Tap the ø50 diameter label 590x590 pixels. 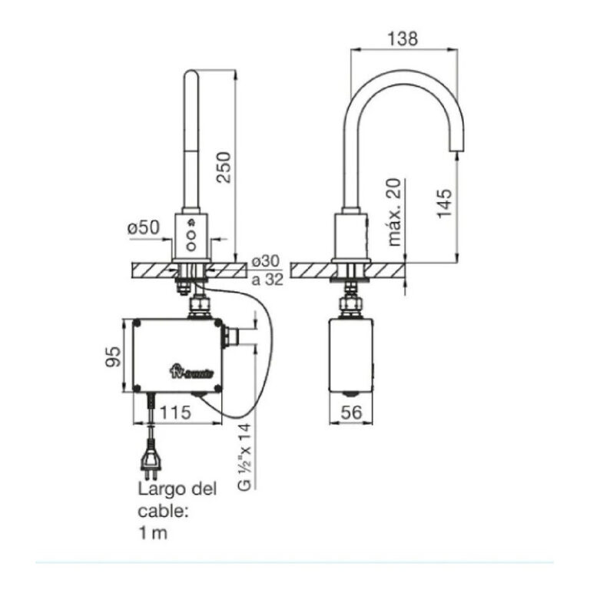pos(143,228)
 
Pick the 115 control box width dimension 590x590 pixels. pos(175,413)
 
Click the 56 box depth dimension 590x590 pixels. pos(353,413)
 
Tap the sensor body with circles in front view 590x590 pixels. pos(192,235)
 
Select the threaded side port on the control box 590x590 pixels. pos(232,336)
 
